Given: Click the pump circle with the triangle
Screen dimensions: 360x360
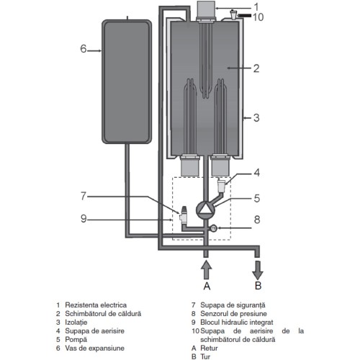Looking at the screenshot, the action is point(205,210).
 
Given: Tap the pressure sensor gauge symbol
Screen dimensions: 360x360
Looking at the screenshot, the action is point(213,228).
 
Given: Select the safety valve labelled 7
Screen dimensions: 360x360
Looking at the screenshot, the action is point(184,215).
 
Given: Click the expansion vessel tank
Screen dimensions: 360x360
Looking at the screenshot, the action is point(127,81).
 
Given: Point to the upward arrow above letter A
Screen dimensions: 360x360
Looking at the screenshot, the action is point(206,270).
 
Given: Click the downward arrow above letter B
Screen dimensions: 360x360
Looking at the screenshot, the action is point(258,271).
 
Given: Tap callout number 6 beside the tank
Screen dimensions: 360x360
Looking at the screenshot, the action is point(83,49).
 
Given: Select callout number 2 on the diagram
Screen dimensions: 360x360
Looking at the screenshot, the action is point(256,68).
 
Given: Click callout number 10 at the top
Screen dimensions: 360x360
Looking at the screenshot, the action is point(258,17).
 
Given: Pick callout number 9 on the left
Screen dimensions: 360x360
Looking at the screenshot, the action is point(84,219).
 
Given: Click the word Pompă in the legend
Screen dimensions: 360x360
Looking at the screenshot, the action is point(76,340).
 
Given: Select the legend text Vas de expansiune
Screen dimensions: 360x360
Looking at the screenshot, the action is point(94,348).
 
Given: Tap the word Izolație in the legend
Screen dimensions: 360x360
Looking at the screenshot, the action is point(76,323).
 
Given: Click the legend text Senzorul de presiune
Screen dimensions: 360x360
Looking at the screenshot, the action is point(233,314).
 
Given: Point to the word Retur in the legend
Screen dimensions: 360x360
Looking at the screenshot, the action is point(209,348).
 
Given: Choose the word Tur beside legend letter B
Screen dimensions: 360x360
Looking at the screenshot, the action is point(205,356).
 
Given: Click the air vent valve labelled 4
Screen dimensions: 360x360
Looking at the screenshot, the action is point(221,186).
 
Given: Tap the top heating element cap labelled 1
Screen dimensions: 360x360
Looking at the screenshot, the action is point(205,9).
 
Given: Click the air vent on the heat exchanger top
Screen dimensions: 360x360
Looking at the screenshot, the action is point(233,15).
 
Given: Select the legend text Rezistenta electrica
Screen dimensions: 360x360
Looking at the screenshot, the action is point(96,305).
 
